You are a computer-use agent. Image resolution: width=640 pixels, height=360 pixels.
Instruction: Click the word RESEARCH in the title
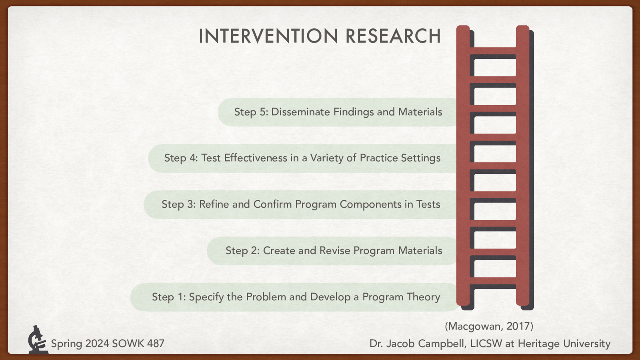[x=393, y=36]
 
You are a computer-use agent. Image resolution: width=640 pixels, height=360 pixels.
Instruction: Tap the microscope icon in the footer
[x=37, y=340]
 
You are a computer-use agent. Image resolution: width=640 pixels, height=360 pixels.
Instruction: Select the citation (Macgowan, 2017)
[x=489, y=326]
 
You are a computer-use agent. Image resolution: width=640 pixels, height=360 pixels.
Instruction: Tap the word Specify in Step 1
[x=206, y=297]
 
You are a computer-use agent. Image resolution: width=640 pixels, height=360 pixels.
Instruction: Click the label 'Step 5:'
[x=251, y=112]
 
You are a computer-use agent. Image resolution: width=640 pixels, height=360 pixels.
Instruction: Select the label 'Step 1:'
[x=168, y=297]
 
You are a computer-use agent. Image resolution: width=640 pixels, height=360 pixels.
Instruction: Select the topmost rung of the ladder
[x=492, y=51]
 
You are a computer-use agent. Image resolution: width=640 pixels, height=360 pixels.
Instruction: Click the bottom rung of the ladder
[x=492, y=281]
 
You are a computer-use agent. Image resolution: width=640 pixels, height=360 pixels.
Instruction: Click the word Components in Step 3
[x=370, y=204]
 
